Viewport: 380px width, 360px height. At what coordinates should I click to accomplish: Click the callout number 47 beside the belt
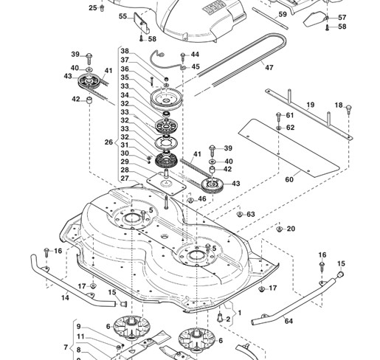pyautogui.click(x=269, y=67)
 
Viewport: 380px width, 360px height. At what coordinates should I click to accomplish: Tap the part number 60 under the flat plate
pyautogui.click(x=289, y=179)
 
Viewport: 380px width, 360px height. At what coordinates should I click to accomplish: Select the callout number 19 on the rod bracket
pyautogui.click(x=311, y=105)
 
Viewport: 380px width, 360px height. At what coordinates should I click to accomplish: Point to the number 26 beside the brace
pyautogui.click(x=108, y=142)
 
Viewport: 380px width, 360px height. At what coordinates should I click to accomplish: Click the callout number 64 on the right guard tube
pyautogui.click(x=289, y=321)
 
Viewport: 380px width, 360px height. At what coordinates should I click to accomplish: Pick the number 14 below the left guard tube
pyautogui.click(x=65, y=298)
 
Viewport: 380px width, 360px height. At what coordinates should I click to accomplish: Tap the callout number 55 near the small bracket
pyautogui.click(x=122, y=16)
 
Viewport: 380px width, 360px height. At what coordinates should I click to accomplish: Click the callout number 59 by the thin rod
pyautogui.click(x=283, y=14)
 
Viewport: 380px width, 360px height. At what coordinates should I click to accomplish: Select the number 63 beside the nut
pyautogui.click(x=251, y=214)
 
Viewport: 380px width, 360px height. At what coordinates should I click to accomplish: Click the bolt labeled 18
pyautogui.click(x=348, y=108)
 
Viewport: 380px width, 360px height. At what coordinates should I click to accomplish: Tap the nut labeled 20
pyautogui.click(x=279, y=229)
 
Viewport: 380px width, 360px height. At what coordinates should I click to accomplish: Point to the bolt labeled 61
pyautogui.click(x=279, y=117)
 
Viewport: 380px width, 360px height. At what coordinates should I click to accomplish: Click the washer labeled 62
pyautogui.click(x=279, y=128)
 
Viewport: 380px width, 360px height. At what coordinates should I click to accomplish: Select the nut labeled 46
pyautogui.click(x=190, y=200)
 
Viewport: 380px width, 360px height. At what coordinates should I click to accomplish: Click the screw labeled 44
pyautogui.click(x=183, y=57)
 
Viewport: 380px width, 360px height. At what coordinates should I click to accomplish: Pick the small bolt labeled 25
pyautogui.click(x=102, y=8)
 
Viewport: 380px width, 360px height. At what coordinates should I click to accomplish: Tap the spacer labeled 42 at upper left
pyautogui.click(x=89, y=100)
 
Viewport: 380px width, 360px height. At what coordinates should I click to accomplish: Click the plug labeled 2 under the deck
pyautogui.click(x=220, y=317)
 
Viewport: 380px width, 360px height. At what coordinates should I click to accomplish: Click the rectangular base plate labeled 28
pyautogui.click(x=166, y=184)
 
